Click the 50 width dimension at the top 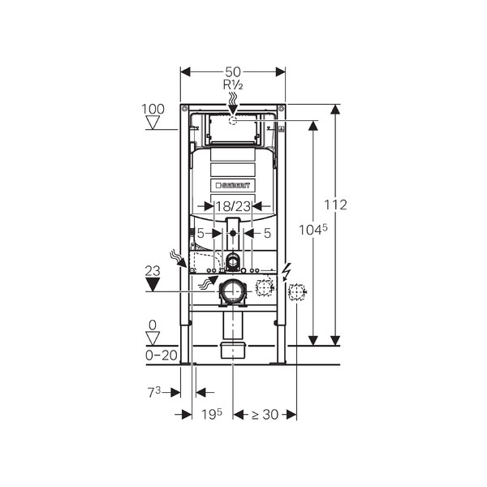point(233,72)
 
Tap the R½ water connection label point(233,84)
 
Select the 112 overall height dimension point(335,205)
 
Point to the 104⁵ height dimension point(313,230)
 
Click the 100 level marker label point(153,109)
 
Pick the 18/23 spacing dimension point(233,206)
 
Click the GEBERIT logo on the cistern point(233,185)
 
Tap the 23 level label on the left point(153,271)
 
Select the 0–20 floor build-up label point(162,356)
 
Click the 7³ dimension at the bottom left point(154,393)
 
